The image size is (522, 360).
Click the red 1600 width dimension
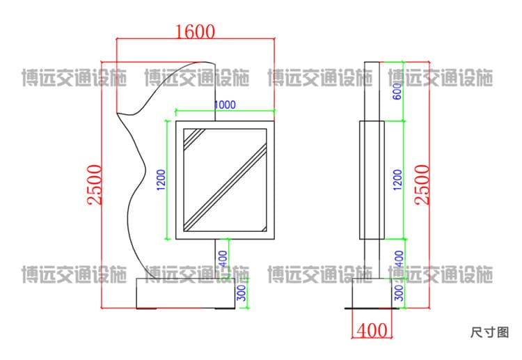click(195, 31)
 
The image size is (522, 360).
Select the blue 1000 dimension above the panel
click(225, 104)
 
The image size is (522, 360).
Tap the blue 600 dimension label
click(397, 91)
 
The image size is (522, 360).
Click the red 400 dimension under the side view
click(372, 330)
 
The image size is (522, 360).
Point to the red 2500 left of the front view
click(95, 185)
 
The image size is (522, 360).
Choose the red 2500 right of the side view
click(422, 185)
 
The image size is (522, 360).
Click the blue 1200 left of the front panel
click(161, 180)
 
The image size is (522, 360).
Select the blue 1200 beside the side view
click(397, 180)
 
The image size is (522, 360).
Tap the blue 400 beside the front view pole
click(223, 258)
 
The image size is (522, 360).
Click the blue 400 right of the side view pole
click(399, 258)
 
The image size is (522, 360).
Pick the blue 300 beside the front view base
click(242, 293)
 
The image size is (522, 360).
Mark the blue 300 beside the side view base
click(399, 293)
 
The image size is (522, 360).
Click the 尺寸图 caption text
click(490, 332)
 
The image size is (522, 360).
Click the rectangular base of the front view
click(186, 293)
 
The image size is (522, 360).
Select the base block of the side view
click(372, 293)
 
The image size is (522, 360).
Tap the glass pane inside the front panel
click(225, 180)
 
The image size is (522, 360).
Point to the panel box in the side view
click(372, 180)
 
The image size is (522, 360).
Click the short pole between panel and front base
click(215, 258)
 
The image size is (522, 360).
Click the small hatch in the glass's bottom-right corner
click(264, 228)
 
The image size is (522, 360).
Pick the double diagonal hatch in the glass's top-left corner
click(193, 137)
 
